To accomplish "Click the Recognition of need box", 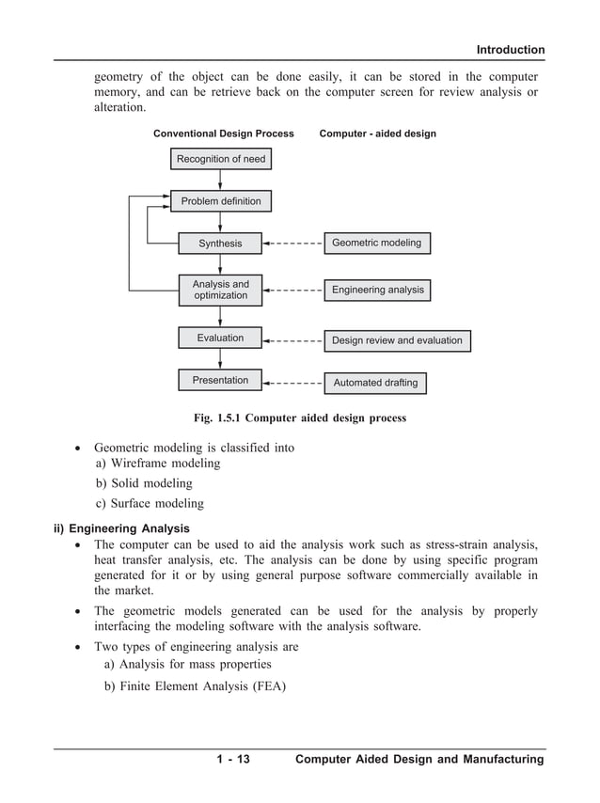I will [221, 159].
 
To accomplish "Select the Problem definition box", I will [221, 201].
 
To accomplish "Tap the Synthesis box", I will [220, 244].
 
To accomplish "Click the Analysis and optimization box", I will [220, 290].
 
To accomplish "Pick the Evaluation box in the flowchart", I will [220, 338].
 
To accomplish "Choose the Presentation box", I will [220, 381].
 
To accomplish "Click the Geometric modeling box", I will [377, 243].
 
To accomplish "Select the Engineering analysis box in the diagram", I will [377, 290].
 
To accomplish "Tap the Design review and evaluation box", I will [397, 340].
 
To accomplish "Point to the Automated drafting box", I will [375, 383].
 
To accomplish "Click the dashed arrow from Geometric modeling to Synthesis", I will [293, 244].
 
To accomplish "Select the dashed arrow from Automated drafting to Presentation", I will [293, 383].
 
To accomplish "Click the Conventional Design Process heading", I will [224, 134].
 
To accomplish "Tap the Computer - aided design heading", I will [378, 134].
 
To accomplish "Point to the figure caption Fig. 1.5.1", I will [300, 417].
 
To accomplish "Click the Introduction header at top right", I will [510, 50].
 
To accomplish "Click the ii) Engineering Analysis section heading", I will [121, 527].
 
